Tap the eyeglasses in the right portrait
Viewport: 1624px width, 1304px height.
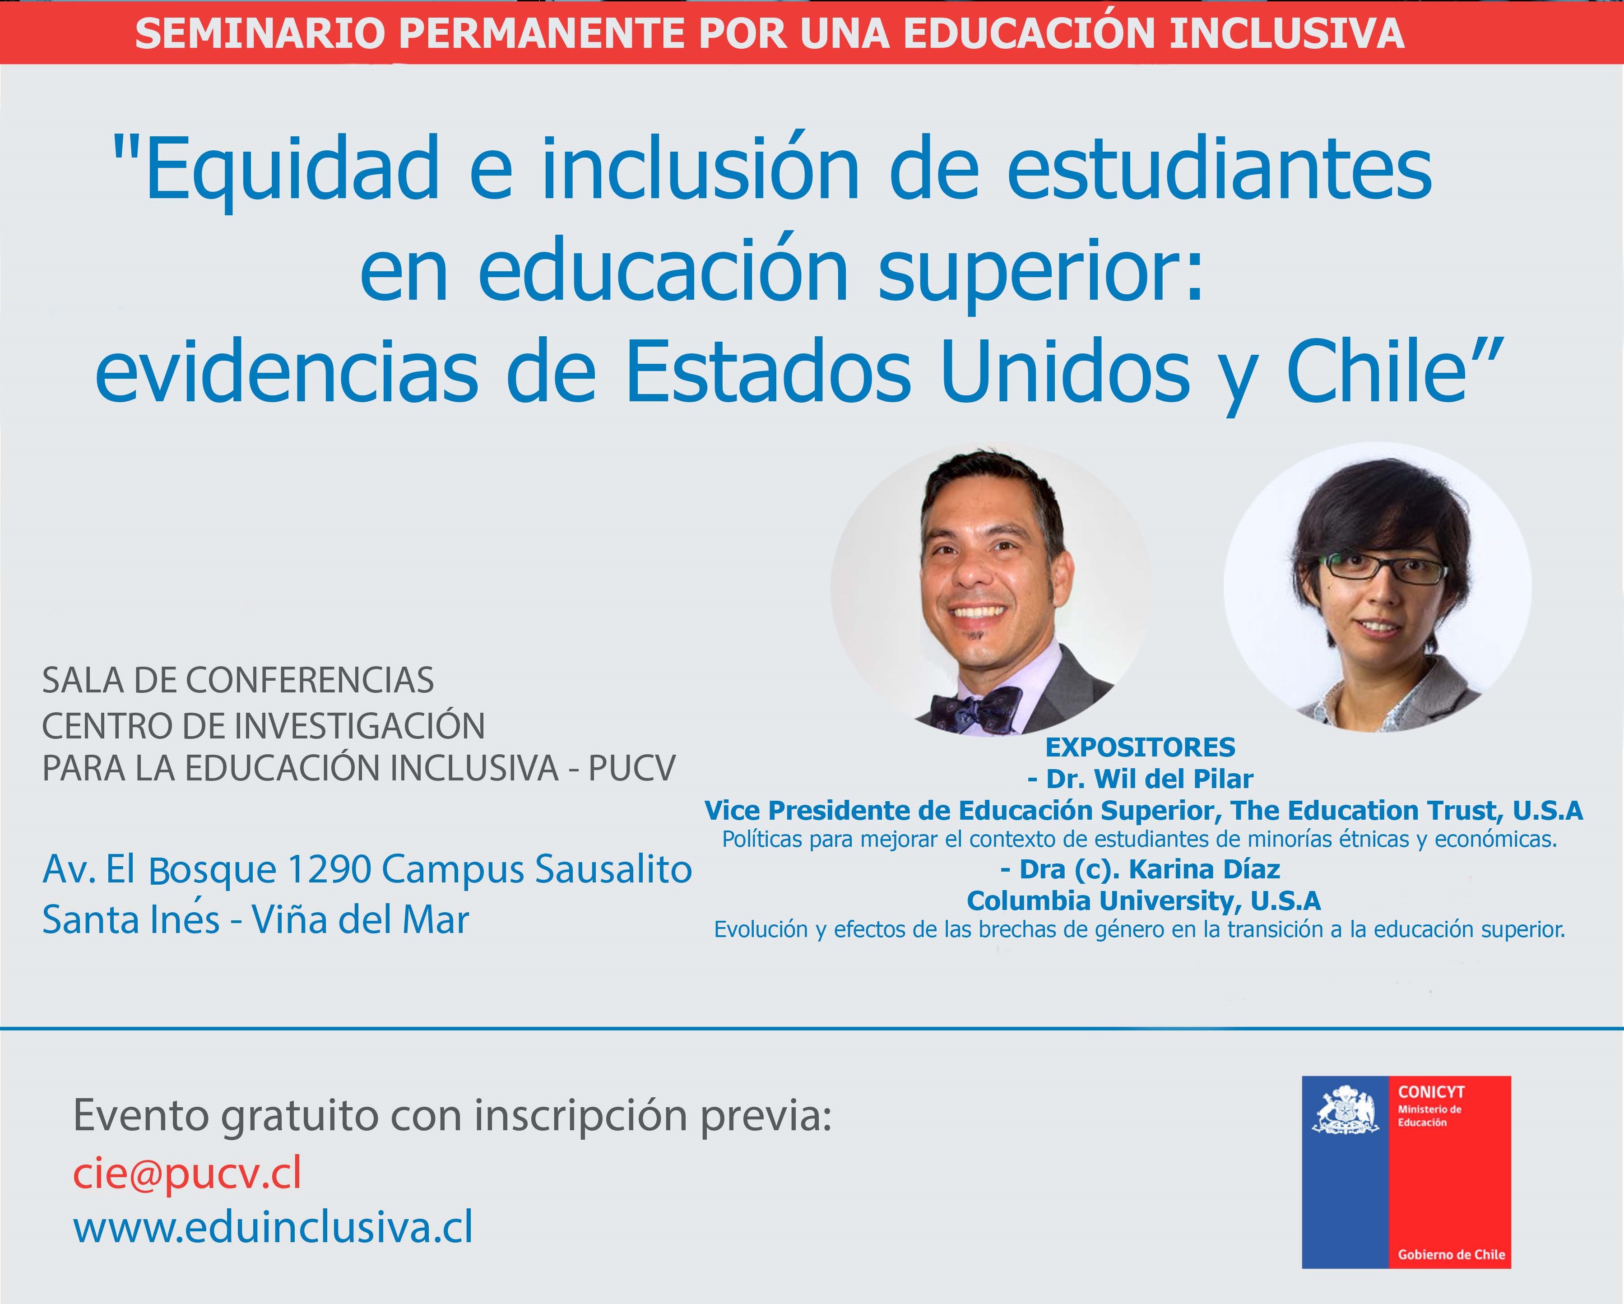pos(1384,568)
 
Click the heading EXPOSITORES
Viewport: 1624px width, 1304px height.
pos(1141,747)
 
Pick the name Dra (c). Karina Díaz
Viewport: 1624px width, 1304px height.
pos(1141,869)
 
